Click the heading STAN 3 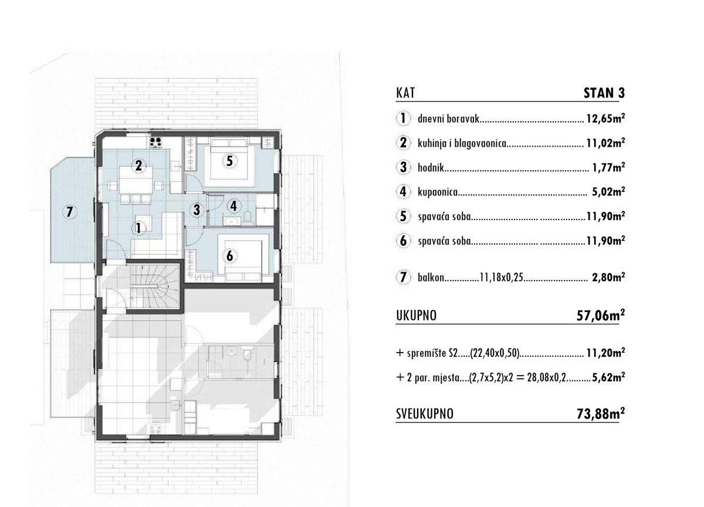tap(604, 93)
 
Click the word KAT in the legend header tap(406, 93)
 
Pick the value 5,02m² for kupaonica tap(607, 191)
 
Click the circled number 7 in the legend tap(403, 278)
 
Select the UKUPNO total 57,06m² tap(600, 317)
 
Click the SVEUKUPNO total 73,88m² tap(600, 414)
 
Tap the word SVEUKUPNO tap(425, 415)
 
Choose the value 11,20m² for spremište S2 tap(605, 353)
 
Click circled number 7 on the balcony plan tap(69, 212)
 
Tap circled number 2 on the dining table tap(138, 165)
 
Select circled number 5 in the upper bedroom tap(229, 161)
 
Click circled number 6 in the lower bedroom tap(229, 255)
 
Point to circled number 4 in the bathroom tap(234, 206)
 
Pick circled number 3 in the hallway tap(197, 208)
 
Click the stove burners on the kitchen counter tap(157, 141)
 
